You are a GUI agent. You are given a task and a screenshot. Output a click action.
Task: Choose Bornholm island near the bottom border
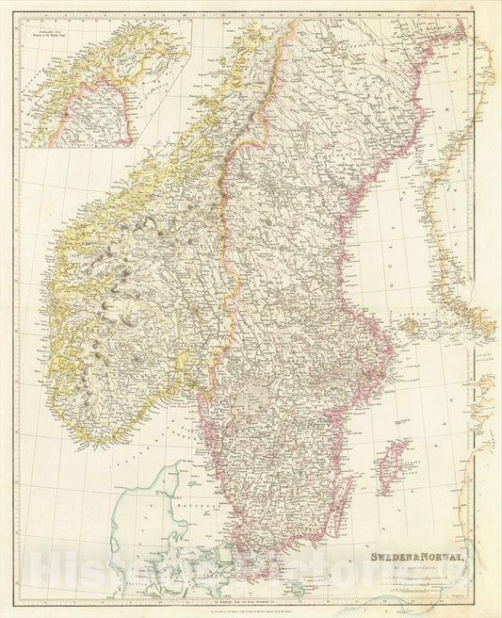(x=300, y=588)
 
